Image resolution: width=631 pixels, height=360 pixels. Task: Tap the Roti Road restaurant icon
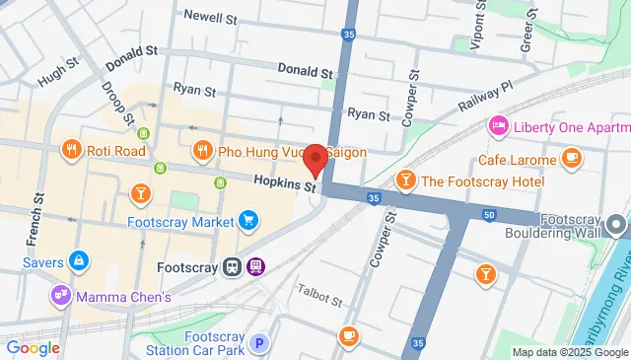(71, 151)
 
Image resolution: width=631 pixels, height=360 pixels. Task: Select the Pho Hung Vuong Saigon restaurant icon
(202, 151)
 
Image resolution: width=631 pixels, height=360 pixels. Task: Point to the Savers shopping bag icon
(80, 262)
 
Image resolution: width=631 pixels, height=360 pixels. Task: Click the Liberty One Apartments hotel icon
(499, 126)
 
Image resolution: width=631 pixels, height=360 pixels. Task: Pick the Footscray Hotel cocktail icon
(404, 180)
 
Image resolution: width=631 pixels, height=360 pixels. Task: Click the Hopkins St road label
(284, 182)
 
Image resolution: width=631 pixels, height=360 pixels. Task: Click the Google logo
(34, 347)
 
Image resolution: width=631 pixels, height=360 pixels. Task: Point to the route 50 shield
(489, 215)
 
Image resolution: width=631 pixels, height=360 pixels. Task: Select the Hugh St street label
(57, 72)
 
